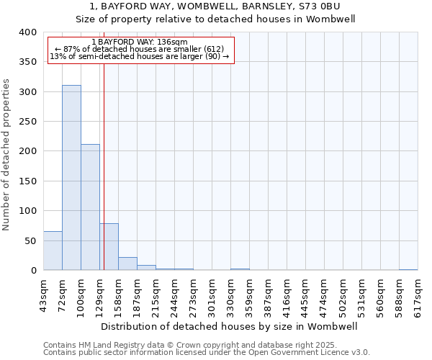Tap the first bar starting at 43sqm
53,251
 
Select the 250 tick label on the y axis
27,122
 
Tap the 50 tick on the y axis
30,240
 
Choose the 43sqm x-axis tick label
43,294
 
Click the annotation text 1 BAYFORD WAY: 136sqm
140,42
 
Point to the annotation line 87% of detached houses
140,49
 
